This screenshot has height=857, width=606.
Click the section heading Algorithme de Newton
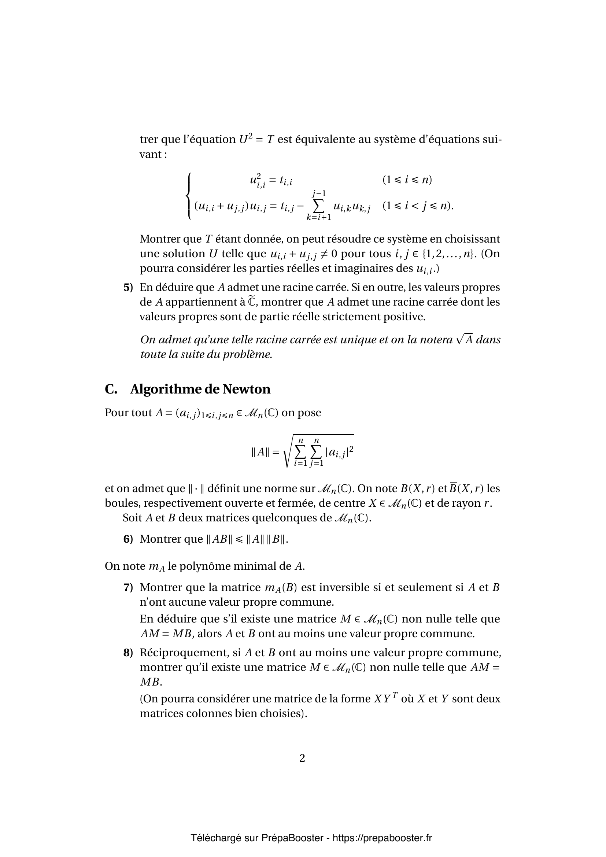click(x=200, y=389)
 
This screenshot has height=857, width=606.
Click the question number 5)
click(x=128, y=287)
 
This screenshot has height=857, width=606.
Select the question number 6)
click(x=128, y=539)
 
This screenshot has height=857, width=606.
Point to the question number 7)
click(x=128, y=587)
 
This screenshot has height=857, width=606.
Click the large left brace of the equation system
click(x=189, y=196)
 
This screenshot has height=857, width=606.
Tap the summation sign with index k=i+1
click(x=319, y=205)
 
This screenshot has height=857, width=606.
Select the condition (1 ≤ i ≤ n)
click(x=407, y=180)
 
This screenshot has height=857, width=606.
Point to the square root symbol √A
click(x=464, y=340)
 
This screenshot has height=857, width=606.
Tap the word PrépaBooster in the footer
click(x=292, y=838)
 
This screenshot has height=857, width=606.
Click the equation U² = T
click(x=257, y=140)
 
